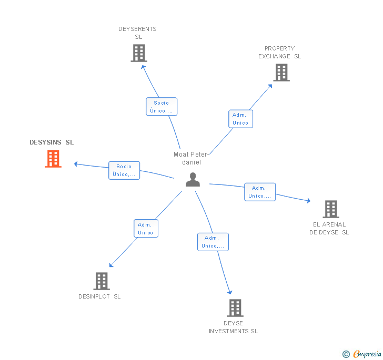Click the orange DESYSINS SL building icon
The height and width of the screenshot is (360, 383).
coord(53,159)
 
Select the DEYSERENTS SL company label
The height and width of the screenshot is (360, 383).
coord(137,33)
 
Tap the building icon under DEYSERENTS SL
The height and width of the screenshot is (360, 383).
coord(139,53)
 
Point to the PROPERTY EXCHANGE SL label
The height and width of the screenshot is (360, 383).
coord(280,52)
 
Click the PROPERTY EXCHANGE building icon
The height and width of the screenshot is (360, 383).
coord(281,73)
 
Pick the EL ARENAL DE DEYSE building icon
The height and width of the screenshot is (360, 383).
coord(331,209)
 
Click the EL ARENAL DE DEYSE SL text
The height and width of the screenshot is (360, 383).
coord(329,229)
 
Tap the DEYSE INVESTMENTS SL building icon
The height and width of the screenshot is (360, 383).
coord(235,308)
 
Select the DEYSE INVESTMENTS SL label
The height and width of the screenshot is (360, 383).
coord(233,327)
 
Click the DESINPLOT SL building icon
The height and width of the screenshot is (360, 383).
coord(102,281)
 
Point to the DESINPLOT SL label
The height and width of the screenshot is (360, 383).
coord(99,296)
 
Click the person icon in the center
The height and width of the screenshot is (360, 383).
coord(193,180)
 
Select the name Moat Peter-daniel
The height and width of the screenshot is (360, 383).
coord(191,158)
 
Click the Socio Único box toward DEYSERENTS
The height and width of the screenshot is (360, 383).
coord(162,107)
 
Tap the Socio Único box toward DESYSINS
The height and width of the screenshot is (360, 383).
coord(124,170)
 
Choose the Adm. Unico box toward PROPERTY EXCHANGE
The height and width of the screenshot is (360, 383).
coord(240,119)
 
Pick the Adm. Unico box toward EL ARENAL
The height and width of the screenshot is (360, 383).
coord(260,192)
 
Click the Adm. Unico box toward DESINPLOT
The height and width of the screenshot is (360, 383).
coord(146,229)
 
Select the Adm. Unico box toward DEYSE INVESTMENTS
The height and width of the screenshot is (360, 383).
coord(213,242)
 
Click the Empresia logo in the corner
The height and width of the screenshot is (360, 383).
coord(362,354)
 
